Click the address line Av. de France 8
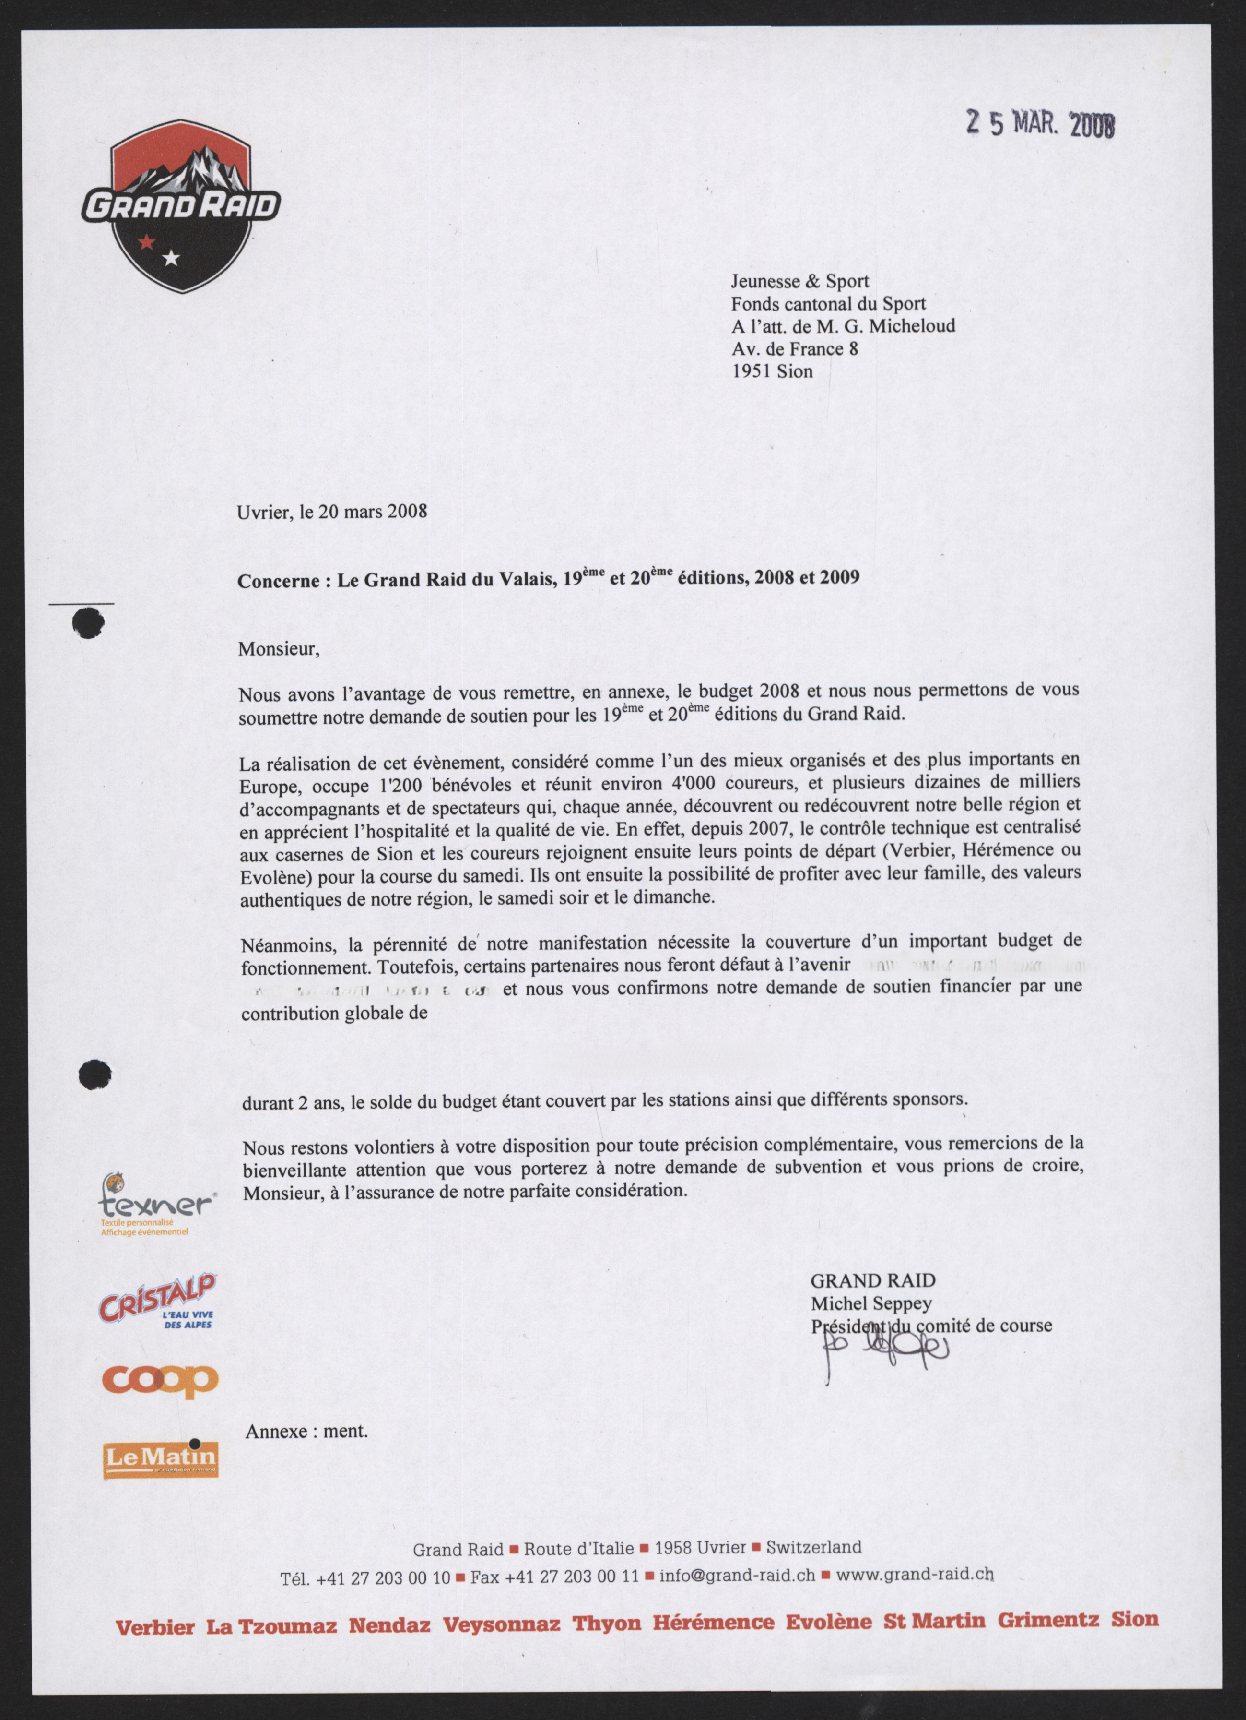794,349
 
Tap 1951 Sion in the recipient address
772,371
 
